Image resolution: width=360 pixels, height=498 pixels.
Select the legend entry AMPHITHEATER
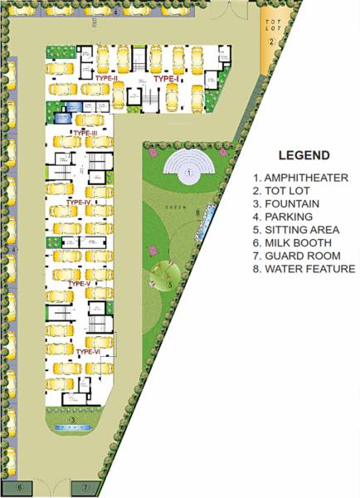[x=302, y=178]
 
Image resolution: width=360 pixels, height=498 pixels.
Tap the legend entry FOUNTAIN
[x=289, y=203]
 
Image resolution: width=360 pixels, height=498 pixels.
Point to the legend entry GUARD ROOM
[x=298, y=256]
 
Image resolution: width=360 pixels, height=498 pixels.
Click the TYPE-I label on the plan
[x=165, y=79]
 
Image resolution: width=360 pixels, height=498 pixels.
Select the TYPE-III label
[x=86, y=133]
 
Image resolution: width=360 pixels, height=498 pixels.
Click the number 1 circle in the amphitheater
[x=188, y=172]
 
